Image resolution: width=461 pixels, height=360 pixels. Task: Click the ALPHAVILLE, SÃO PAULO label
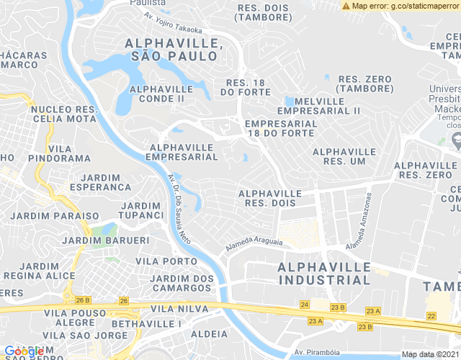[171, 50]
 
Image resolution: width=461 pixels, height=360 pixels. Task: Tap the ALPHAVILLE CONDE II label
[157, 94]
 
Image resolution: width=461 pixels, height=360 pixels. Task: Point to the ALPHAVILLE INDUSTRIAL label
[324, 273]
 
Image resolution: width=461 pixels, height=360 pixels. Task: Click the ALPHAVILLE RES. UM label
[344, 157]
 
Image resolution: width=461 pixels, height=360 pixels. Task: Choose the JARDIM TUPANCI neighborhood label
[142, 210]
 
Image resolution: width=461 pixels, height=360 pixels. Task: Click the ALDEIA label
[210, 334]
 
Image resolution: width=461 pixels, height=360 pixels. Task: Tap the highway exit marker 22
[431, 315]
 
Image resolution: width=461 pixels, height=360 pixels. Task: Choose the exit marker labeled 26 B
[84, 300]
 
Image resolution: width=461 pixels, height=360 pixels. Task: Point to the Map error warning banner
[400, 6]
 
